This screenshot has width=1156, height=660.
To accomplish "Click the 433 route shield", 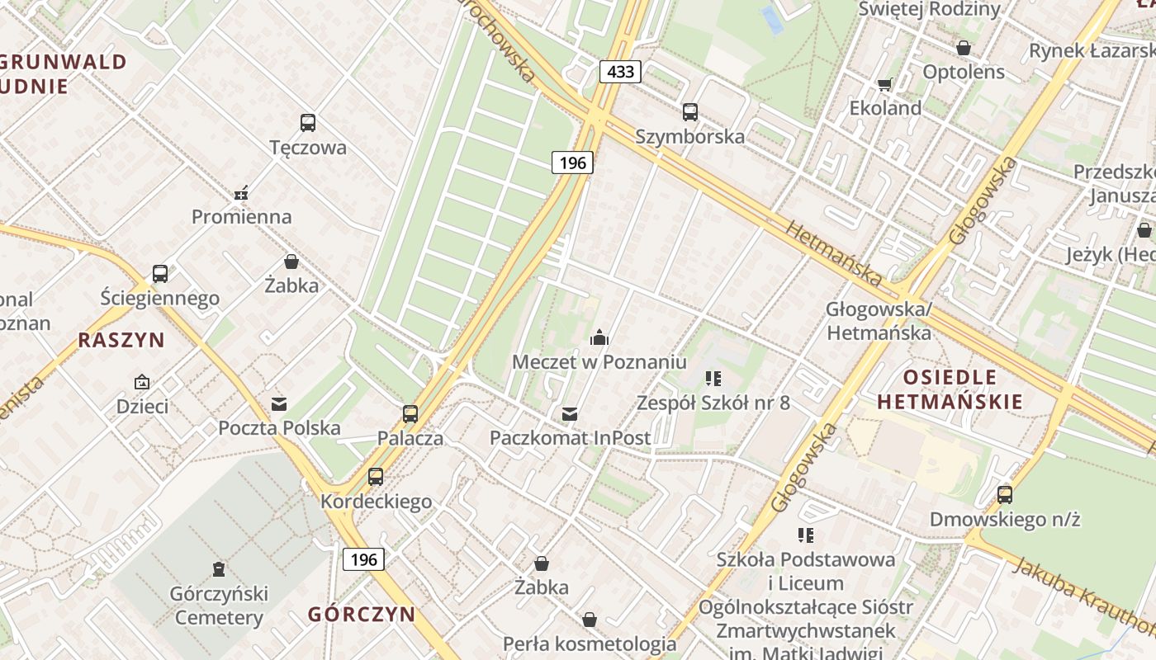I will tap(620, 72).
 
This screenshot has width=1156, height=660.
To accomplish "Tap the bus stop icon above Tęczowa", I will tap(308, 123).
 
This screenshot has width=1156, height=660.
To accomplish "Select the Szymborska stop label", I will tap(689, 137).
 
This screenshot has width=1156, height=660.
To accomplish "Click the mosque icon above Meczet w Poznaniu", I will tap(599, 337).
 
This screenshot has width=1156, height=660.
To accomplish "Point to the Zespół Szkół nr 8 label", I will tap(713, 403).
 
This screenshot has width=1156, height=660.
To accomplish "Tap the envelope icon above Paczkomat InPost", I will tap(570, 413).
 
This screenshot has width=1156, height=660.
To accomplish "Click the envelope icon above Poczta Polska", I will tap(279, 403).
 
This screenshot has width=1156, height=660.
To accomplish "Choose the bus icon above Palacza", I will tap(410, 413).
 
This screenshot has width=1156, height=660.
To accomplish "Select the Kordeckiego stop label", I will tap(376, 502).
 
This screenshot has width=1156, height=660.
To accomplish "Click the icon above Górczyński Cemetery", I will tap(218, 568).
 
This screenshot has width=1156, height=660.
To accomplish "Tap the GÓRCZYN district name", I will tap(362, 614).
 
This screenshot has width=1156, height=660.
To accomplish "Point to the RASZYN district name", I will tap(121, 340).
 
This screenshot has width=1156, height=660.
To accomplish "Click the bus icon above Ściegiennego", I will tap(160, 273).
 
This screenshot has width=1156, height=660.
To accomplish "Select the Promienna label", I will tap(242, 217).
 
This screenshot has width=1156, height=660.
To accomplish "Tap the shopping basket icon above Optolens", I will tap(964, 48).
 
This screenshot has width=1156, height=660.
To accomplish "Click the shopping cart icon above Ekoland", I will tap(885, 83).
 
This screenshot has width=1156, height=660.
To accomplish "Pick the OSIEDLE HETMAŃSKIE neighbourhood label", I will tap(950, 390).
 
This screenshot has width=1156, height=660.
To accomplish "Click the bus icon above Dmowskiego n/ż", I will tap(1005, 494).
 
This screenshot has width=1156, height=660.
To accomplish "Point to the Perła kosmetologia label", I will tap(590, 643).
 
